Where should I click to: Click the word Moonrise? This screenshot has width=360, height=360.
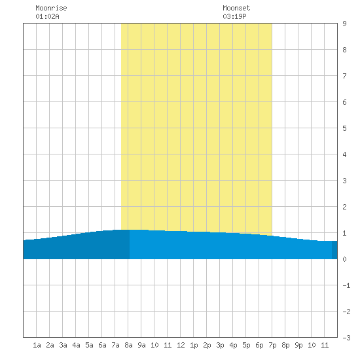click(51, 8)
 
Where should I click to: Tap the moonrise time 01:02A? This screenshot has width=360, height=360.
click(47, 16)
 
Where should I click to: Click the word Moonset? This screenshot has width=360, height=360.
click(236, 8)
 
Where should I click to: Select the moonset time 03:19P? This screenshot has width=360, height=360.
click(234, 16)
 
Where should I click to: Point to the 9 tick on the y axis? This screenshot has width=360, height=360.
click(344, 24)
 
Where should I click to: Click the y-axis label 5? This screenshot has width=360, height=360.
click(344, 128)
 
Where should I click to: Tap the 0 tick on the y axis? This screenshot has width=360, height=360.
click(344, 259)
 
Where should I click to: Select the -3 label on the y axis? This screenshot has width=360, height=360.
click(346, 338)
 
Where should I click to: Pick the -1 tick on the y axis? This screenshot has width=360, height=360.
click(346, 285)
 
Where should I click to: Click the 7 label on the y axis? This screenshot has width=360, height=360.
click(344, 76)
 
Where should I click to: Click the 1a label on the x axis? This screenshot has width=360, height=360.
click(37, 345)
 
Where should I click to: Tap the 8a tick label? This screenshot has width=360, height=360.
click(128, 345)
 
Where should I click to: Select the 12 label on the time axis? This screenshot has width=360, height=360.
click(181, 345)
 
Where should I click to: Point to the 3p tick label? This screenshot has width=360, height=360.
click(220, 345)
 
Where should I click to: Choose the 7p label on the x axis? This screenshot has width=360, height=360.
click(272, 345)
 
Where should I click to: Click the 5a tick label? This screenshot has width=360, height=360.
click(89, 345)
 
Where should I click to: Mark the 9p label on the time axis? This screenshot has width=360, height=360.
click(298, 345)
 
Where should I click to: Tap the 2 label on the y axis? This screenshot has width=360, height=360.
click(344, 207)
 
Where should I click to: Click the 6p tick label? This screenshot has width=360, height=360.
click(259, 345)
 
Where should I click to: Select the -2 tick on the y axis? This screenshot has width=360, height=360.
click(346, 312)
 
